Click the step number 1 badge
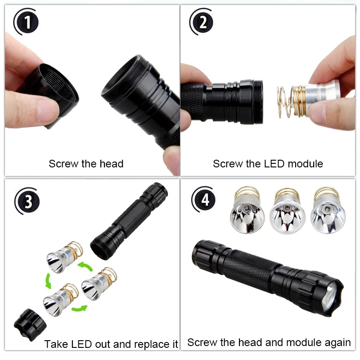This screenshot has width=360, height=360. click(28, 22)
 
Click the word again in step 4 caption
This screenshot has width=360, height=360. click(337, 342)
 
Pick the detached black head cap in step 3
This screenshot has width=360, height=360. click(31, 323)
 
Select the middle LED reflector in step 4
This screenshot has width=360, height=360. click(287, 214)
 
